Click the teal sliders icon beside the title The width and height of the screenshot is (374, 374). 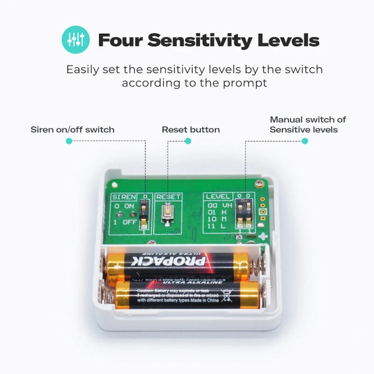point(75,40)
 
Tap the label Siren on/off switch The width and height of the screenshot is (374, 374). point(72,129)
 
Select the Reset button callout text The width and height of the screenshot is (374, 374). point(191,129)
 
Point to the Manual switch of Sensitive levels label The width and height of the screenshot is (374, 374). point(308,124)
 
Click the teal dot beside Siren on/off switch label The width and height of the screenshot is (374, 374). point(69,141)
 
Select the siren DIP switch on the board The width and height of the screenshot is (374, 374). point(144,214)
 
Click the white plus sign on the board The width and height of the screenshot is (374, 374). point(263,237)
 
